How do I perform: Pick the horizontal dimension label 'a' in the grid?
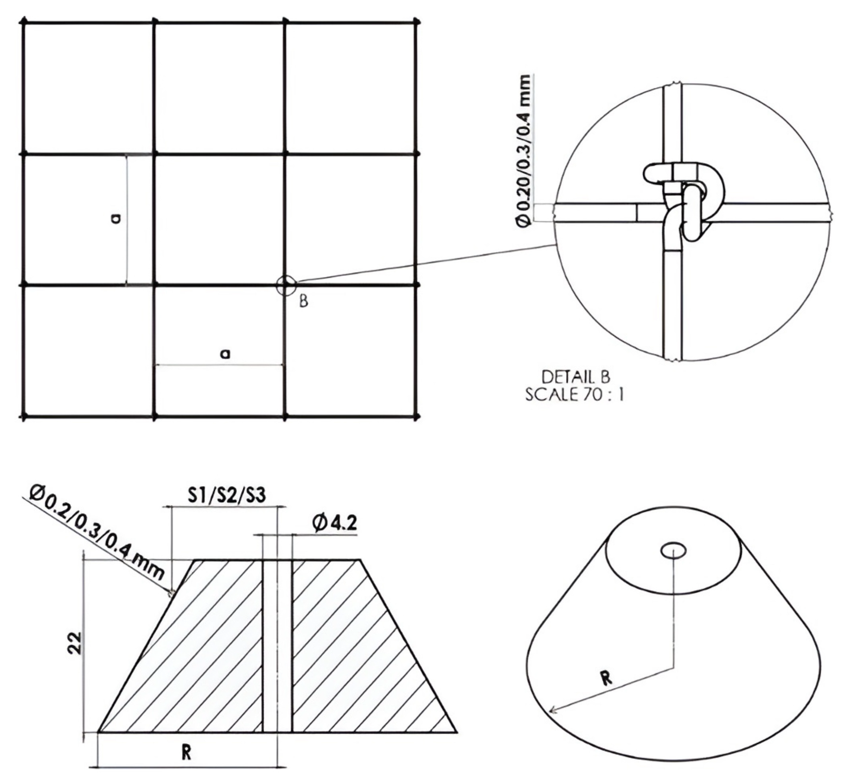(x=226, y=353)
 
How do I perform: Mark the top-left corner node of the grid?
(x=24, y=22)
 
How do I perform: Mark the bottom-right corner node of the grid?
(x=417, y=417)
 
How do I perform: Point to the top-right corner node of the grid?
(x=417, y=22)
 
